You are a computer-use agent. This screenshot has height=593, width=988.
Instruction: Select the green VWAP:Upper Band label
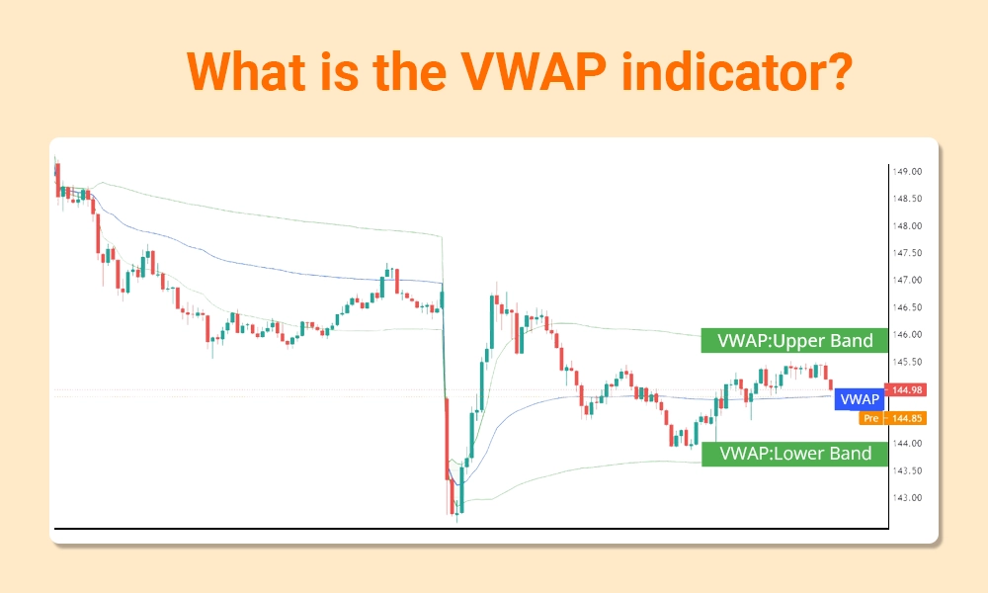point(787,341)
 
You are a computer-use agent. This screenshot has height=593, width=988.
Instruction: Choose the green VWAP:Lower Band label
point(787,454)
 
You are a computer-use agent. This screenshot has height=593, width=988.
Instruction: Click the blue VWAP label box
point(857,399)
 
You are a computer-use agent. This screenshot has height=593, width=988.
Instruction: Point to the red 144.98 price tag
point(906,390)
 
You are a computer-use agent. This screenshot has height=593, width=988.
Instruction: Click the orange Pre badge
point(870,418)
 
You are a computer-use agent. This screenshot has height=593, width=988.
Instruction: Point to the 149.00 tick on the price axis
point(907,172)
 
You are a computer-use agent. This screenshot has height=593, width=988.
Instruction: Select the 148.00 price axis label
point(907,226)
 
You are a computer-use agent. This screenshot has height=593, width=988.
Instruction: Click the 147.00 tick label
point(907,281)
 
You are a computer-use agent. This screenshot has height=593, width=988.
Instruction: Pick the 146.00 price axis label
point(907,335)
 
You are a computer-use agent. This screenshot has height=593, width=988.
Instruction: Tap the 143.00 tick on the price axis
point(907,498)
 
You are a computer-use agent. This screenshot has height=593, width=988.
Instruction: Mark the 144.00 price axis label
point(907,444)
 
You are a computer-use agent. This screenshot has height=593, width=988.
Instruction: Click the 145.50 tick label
point(907,362)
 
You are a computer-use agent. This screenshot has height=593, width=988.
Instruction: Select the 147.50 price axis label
point(907,253)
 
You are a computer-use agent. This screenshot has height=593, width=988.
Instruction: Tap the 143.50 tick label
point(907,470)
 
